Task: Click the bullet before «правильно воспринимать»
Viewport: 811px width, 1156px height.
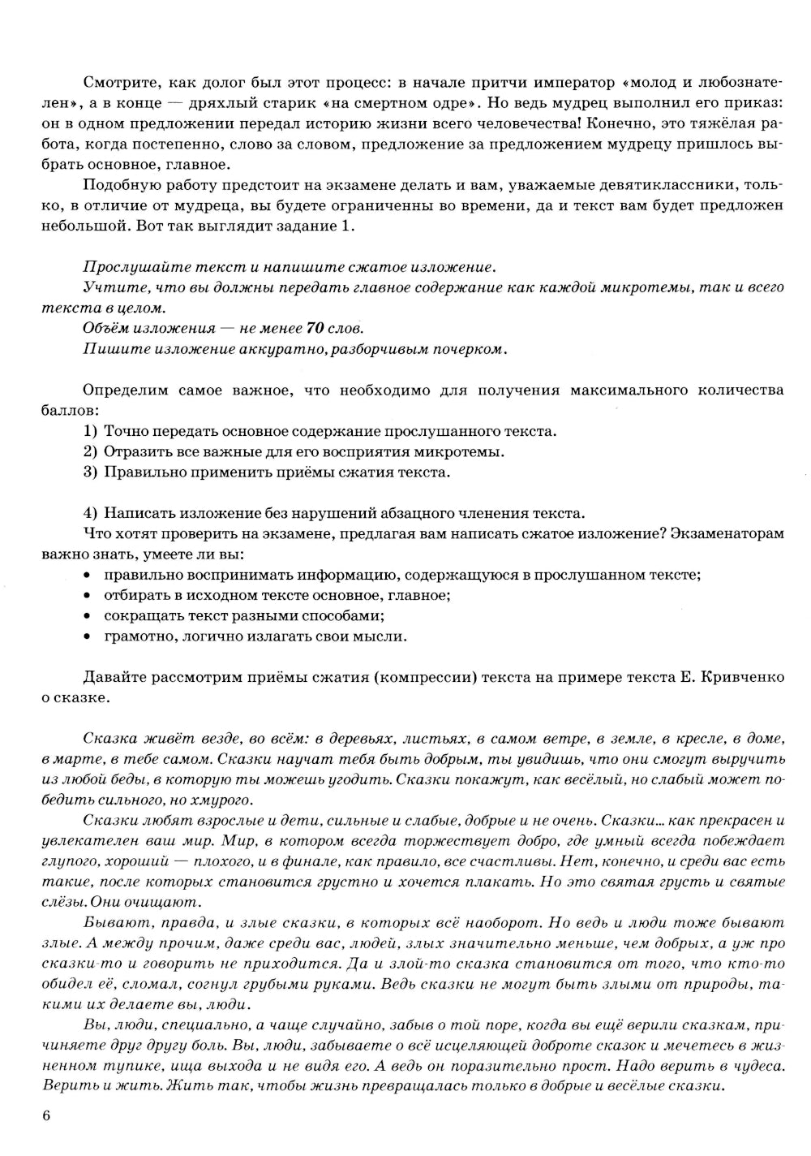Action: (87, 576)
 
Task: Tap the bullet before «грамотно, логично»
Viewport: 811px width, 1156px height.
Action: (87, 636)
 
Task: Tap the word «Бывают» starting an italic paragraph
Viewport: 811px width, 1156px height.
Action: (109, 923)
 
